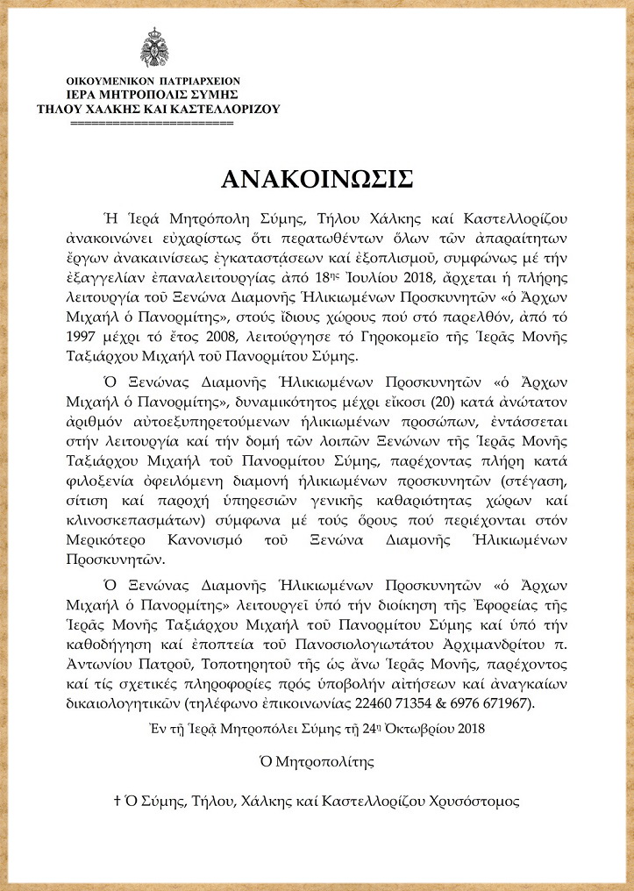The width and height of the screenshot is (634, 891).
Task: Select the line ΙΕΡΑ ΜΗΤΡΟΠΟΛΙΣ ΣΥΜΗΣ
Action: [153, 94]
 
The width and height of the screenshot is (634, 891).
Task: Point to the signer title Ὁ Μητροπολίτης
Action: [317, 763]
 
